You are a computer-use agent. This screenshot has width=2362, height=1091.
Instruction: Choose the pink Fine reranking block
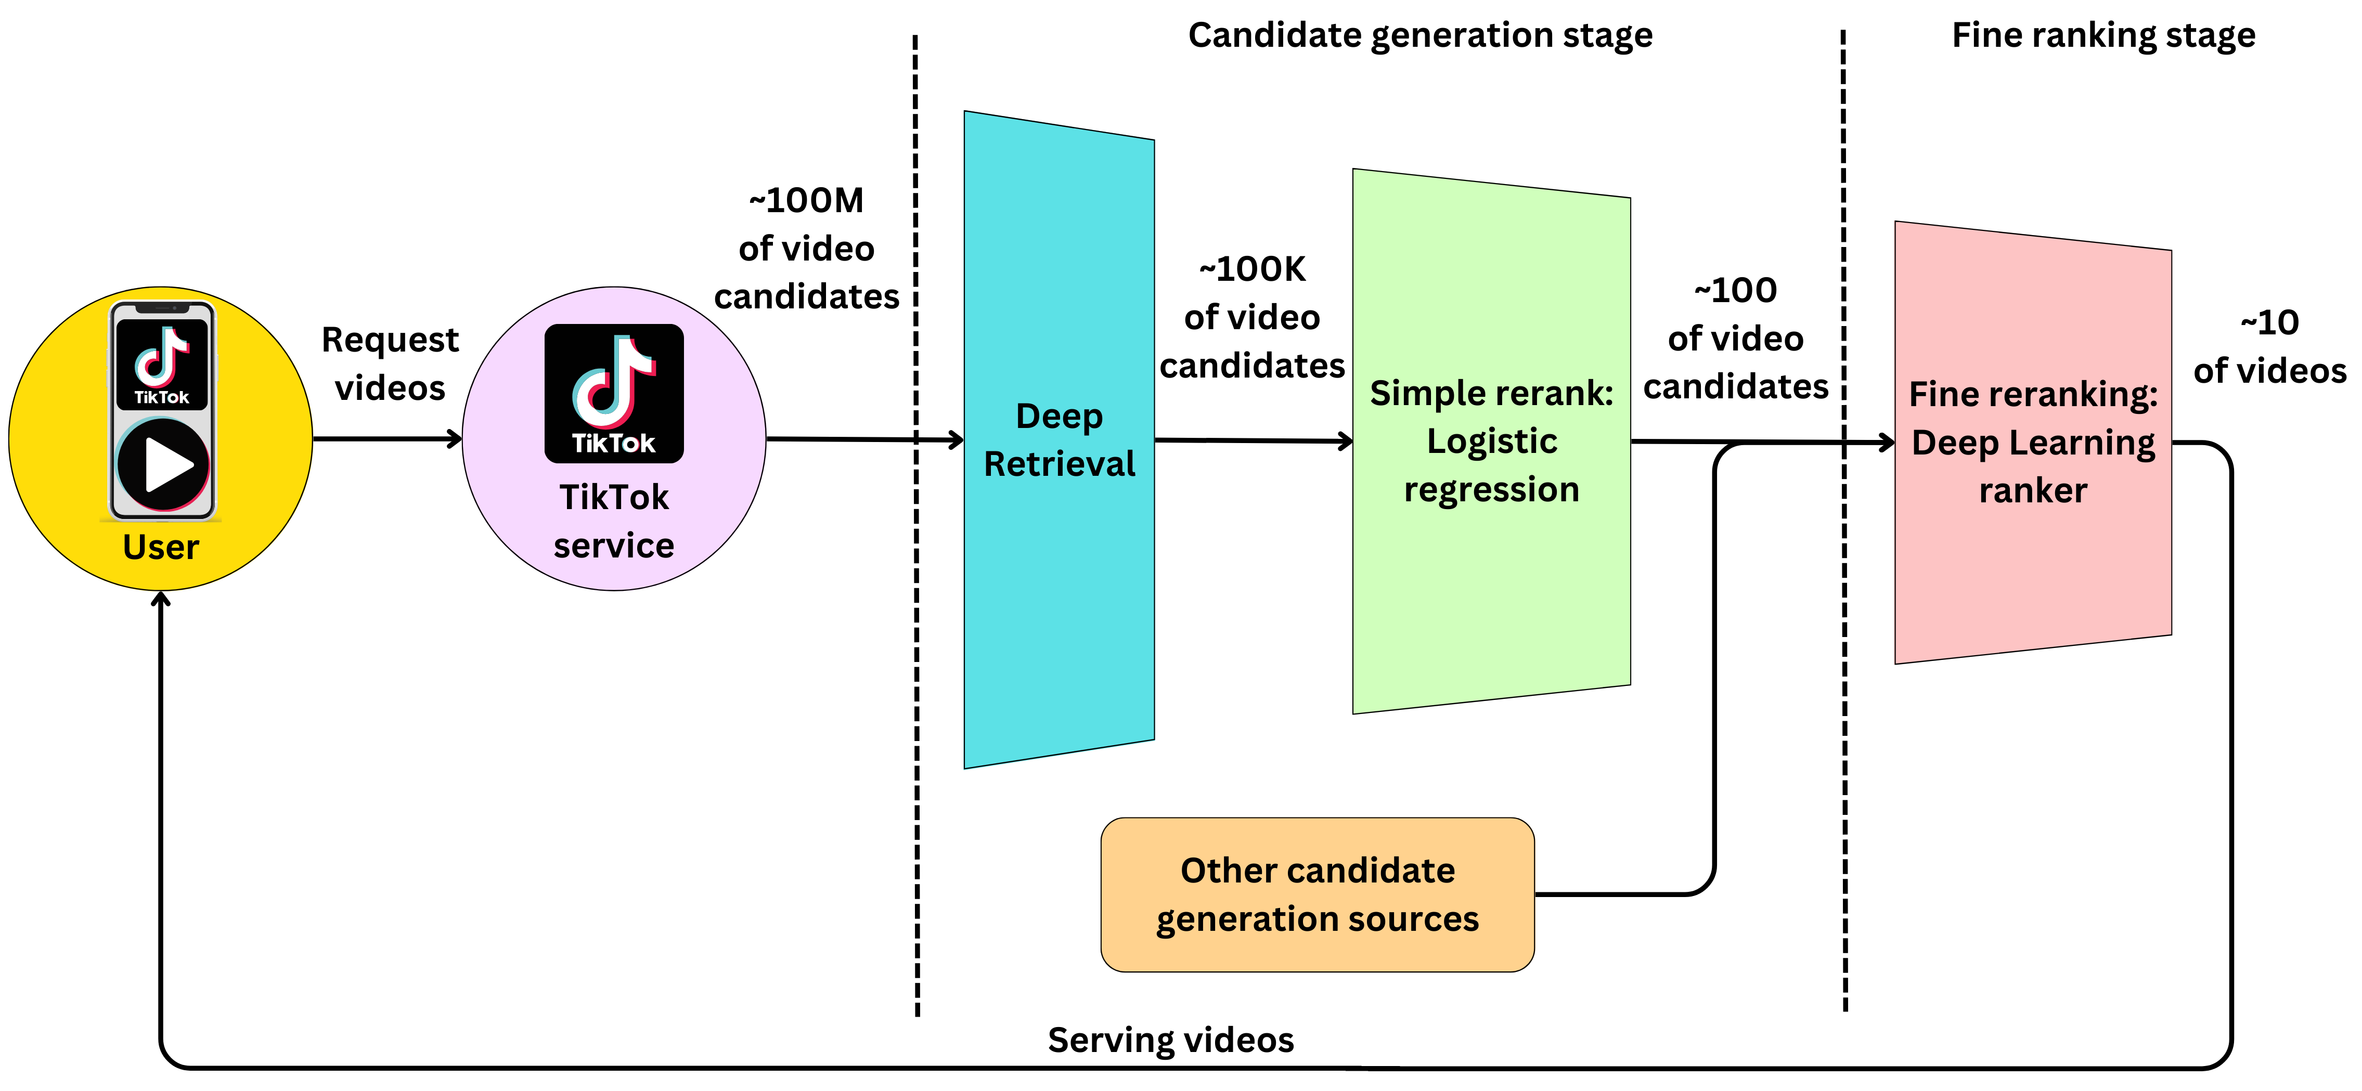2033,568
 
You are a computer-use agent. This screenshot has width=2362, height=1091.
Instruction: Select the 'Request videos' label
390,364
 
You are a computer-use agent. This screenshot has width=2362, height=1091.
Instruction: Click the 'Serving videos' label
1171,1040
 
